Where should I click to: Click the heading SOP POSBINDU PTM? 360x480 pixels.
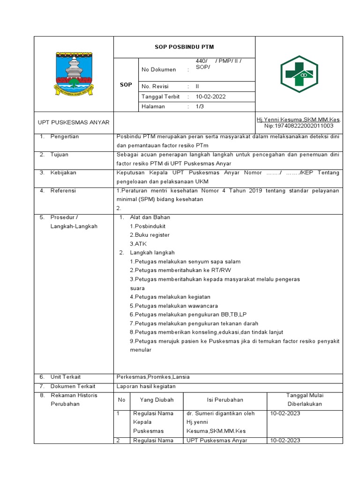pos(184,47)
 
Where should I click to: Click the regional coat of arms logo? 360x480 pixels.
pos(74,74)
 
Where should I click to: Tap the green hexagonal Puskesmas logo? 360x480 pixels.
pos(299,74)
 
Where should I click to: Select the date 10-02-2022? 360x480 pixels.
pos(211,97)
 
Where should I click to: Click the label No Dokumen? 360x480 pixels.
pos(158,70)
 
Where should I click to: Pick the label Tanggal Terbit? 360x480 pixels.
pos(161,97)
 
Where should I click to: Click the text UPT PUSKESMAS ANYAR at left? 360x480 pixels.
pos(74,122)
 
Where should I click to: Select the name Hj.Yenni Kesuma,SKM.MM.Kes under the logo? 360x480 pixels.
pos(299,120)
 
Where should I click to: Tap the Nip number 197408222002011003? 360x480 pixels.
pos(299,126)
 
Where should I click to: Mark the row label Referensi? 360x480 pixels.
pos(63,191)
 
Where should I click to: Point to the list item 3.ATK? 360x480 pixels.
pos(138,244)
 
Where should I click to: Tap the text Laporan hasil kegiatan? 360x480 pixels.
pos(146,386)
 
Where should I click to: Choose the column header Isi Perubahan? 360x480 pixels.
pos(225,400)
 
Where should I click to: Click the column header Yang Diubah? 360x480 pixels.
pos(157,400)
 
